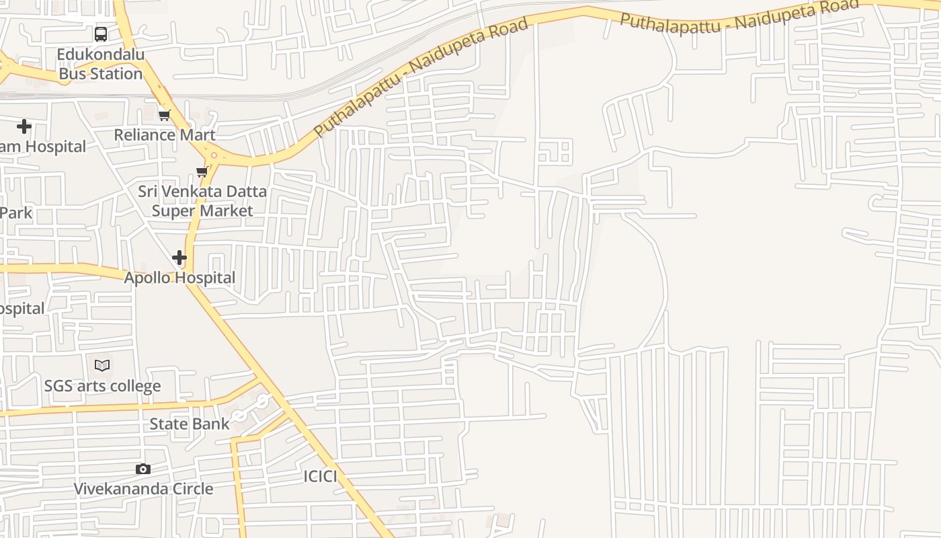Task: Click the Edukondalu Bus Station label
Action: (x=101, y=64)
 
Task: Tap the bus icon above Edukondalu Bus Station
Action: (x=101, y=34)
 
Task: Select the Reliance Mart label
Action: (x=165, y=134)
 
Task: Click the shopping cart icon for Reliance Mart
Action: (x=165, y=116)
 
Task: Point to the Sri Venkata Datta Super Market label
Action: (x=202, y=200)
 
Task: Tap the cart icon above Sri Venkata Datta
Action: (x=202, y=172)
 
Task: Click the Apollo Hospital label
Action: (x=179, y=278)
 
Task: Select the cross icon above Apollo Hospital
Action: (x=179, y=258)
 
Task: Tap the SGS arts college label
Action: (x=102, y=386)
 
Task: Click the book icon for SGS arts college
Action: (x=102, y=365)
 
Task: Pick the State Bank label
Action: (x=190, y=424)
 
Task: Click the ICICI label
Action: (x=320, y=477)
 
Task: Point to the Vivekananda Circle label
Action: (x=143, y=489)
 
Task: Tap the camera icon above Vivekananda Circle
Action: (x=143, y=469)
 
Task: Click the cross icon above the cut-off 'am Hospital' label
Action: (x=24, y=126)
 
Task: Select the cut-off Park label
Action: (x=16, y=213)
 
